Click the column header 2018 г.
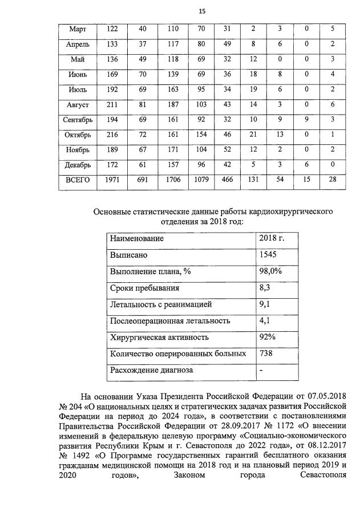point(272,238)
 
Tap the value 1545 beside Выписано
point(268,255)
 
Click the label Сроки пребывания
point(144,289)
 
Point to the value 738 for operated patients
point(266,354)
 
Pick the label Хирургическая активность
point(159,338)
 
